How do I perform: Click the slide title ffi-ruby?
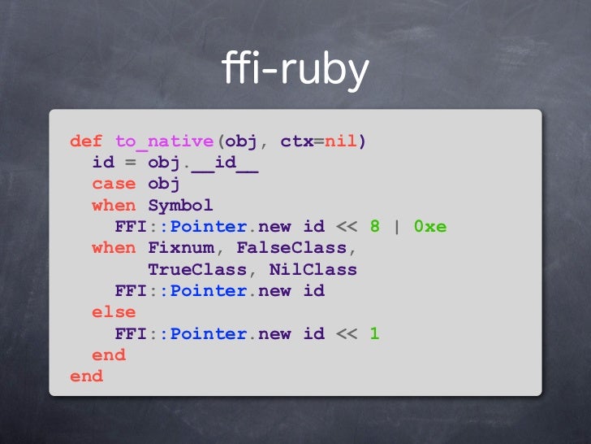pyautogui.click(x=295, y=71)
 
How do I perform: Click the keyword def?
pyautogui.click(x=86, y=141)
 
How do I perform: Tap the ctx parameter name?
pyautogui.click(x=296, y=141)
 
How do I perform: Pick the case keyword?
pyautogui.click(x=114, y=184)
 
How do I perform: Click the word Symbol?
pyautogui.click(x=180, y=205)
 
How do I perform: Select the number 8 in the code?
pyautogui.click(x=374, y=226)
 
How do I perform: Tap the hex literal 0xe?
pyautogui.click(x=430, y=226)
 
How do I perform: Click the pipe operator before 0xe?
pyautogui.click(x=397, y=226)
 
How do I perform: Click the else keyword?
pyautogui.click(x=114, y=311)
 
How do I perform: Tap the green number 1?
pyautogui.click(x=374, y=333)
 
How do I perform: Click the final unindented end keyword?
pyautogui.click(x=86, y=376)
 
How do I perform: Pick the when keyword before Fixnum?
pyautogui.click(x=114, y=247)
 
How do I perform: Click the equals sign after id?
pyautogui.click(x=131, y=163)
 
